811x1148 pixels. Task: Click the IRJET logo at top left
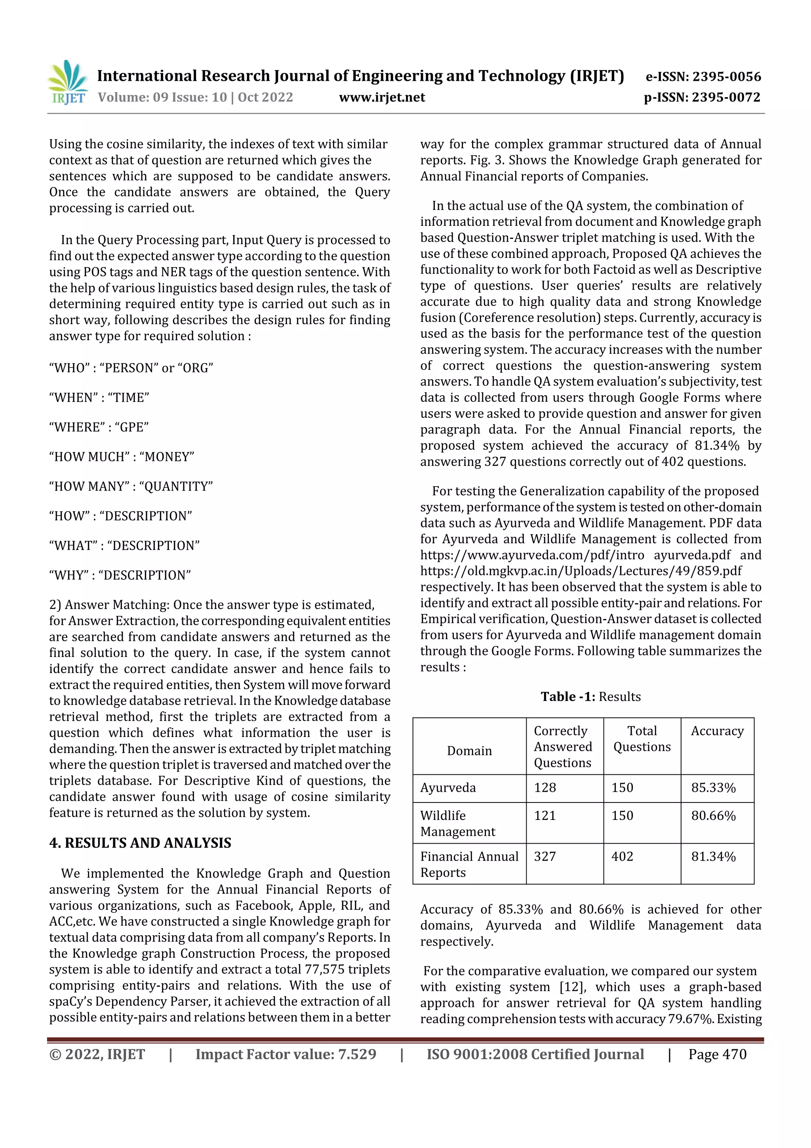(x=67, y=82)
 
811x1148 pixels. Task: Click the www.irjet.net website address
(x=382, y=97)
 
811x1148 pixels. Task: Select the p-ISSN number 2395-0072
(x=726, y=97)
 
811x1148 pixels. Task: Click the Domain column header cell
(x=469, y=751)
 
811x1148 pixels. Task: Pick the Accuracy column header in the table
(x=717, y=731)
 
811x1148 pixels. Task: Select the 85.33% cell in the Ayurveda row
(x=713, y=788)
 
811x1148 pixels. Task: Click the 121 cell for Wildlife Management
(x=544, y=816)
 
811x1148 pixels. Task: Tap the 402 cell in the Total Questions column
(x=622, y=856)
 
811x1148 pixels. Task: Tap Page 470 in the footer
(x=717, y=1054)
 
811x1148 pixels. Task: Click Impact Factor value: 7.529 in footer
(x=286, y=1054)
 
